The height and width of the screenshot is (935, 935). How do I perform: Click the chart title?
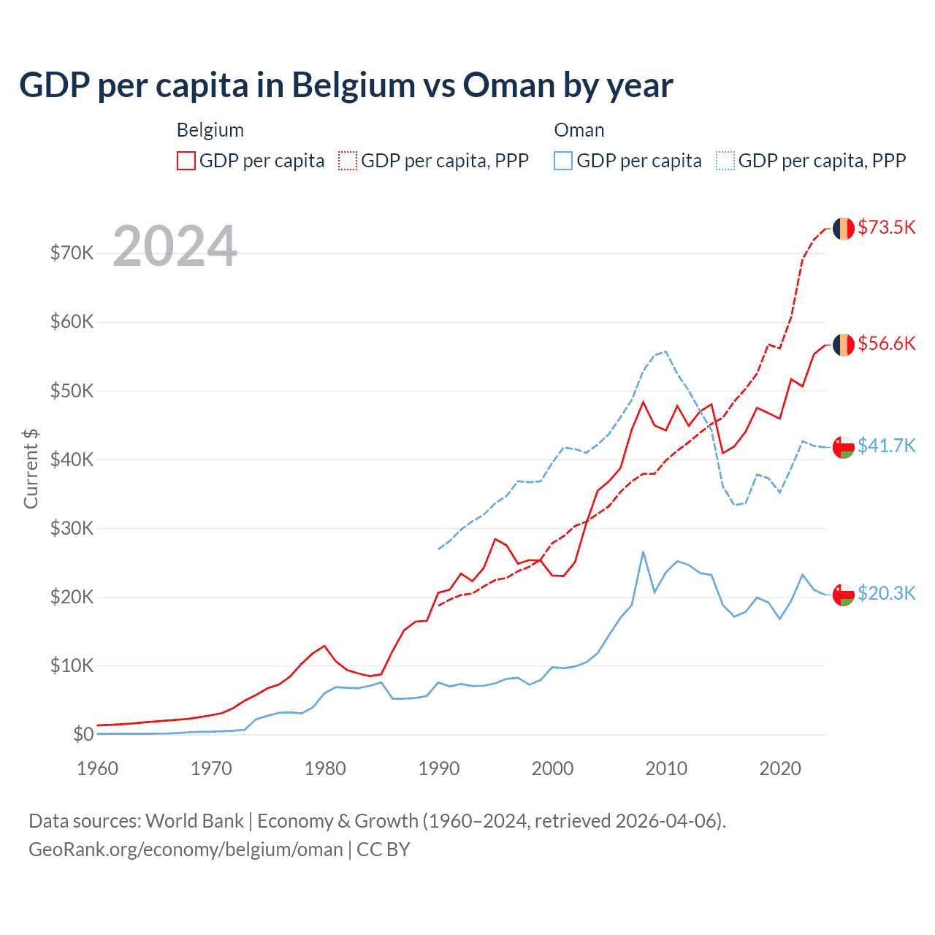346,85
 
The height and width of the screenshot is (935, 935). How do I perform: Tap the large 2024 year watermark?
175,246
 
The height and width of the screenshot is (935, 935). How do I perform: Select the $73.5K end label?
886,227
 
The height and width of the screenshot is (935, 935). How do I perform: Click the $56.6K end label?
886,343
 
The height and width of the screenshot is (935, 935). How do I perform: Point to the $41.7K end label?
886,446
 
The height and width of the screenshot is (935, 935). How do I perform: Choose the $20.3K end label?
886,593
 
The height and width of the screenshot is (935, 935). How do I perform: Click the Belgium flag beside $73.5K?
844,229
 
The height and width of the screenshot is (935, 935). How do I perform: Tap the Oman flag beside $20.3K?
844,595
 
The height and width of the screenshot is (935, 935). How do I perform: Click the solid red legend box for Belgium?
186,161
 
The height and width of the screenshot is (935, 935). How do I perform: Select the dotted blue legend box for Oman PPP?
725,161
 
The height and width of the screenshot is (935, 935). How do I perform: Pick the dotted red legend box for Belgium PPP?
348,161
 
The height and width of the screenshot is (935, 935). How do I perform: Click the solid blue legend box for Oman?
563,161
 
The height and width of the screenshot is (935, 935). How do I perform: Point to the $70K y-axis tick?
72,253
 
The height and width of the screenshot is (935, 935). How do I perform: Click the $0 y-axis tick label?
83,734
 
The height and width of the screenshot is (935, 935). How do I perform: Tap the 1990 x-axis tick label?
439,768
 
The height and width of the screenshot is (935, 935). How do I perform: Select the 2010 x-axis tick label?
666,768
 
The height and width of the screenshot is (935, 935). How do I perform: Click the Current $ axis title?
31,468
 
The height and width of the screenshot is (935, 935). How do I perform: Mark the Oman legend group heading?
579,130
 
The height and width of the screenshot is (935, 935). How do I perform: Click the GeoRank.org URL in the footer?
186,850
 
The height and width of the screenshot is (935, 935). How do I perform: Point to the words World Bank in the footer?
194,821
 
